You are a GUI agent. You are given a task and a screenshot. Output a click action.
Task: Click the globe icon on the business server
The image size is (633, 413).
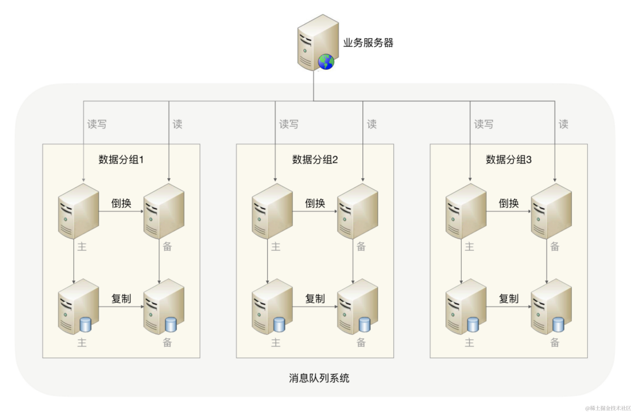click(x=326, y=62)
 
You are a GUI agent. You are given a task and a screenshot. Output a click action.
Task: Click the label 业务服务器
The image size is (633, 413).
click(x=368, y=43)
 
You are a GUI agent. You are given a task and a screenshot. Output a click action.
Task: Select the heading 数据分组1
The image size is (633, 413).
click(x=121, y=159)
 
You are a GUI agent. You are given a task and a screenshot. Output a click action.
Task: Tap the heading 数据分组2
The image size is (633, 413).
click(x=315, y=159)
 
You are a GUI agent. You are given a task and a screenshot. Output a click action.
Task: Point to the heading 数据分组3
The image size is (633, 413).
click(x=508, y=159)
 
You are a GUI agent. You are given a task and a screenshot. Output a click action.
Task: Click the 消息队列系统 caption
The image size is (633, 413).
click(x=319, y=378)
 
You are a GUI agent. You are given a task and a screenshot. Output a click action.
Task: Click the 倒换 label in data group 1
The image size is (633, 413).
click(x=121, y=203)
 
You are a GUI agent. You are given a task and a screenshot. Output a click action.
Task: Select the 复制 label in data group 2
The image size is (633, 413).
click(x=315, y=299)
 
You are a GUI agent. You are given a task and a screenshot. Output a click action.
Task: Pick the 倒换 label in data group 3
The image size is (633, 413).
click(x=508, y=203)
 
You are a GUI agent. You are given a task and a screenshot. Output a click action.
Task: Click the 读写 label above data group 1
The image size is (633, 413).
click(x=97, y=124)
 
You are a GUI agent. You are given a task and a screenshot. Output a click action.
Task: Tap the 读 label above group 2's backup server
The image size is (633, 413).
click(x=372, y=124)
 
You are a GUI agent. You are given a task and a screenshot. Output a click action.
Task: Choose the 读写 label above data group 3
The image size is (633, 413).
click(x=484, y=124)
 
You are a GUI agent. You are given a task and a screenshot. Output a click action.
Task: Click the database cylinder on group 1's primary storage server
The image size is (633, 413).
click(x=85, y=324)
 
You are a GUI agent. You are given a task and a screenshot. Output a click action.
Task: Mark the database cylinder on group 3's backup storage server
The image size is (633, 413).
click(x=558, y=324)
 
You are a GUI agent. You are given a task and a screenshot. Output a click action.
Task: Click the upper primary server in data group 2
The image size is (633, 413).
click(x=272, y=211)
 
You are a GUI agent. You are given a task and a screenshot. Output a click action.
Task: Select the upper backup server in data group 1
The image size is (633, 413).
click(x=164, y=211)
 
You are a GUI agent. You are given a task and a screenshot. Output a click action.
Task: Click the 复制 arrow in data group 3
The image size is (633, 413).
click(x=508, y=307)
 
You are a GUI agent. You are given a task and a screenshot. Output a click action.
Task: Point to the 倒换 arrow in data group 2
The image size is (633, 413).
click(x=315, y=211)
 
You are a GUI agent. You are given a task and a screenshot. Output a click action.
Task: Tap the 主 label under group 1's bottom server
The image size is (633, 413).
click(x=82, y=342)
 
